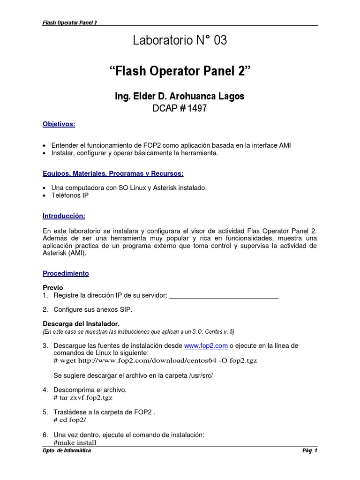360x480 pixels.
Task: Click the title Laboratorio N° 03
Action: tap(180, 41)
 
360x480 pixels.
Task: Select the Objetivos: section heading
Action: tap(59, 124)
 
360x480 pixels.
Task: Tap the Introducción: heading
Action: tap(64, 216)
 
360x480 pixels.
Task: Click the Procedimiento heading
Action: tap(66, 273)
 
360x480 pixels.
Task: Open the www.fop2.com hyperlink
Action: tap(206, 345)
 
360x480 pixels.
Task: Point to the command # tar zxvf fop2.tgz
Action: tap(83, 398)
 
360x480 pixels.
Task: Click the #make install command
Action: tap(75, 442)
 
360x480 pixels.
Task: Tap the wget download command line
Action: tap(156, 361)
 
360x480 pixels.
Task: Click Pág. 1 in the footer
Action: tap(310, 451)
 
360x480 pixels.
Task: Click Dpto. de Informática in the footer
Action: tap(67, 451)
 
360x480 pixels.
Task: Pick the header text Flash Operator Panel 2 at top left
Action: tap(70, 22)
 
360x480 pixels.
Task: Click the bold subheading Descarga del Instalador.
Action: tap(81, 324)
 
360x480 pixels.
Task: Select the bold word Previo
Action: tap(53, 287)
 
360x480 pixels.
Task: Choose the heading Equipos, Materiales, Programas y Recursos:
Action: tap(113, 173)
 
